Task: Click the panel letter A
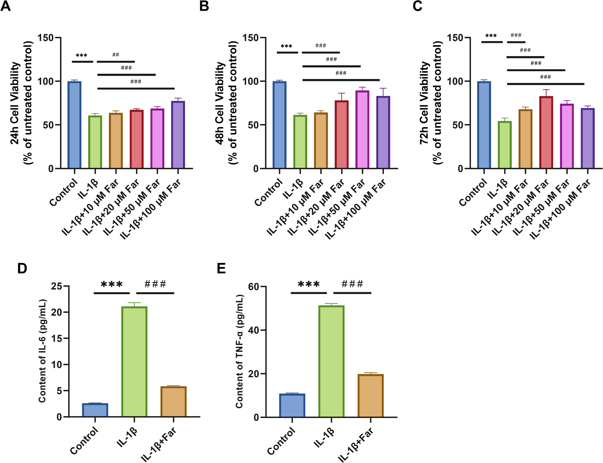(x=6, y=6)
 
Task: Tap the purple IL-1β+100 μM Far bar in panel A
(x=178, y=135)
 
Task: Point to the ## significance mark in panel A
(x=116, y=55)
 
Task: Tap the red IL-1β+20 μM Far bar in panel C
(x=546, y=132)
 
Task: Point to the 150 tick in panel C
(x=455, y=38)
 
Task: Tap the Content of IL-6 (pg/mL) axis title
(x=43, y=351)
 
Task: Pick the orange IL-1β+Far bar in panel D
(x=174, y=402)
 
